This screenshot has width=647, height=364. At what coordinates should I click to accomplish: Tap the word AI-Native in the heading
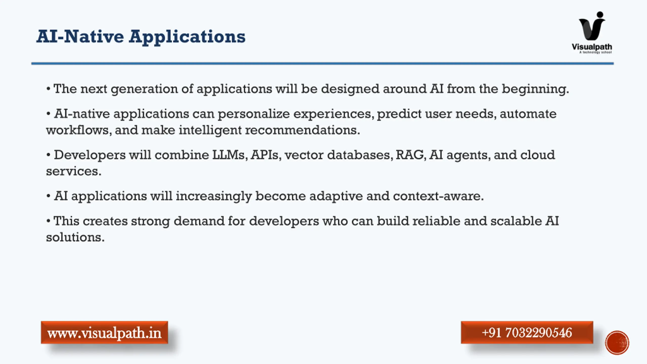pos(80,36)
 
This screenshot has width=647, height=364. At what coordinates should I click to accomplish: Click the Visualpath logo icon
pos(592,26)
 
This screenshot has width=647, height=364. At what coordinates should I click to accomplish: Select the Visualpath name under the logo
pos(592,47)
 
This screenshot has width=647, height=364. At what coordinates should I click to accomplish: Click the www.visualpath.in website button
pos(104,332)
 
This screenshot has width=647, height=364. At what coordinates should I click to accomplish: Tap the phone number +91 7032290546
pos(527,332)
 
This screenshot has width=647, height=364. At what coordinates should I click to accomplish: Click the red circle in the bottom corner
pos(617,343)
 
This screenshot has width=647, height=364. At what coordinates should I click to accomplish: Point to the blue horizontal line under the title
pos(322,63)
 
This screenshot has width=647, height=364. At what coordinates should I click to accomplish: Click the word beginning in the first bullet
pos(535,89)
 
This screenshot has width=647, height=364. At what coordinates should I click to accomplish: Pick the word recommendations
pos(303,130)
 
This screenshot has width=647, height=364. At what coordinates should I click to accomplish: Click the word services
pos(74,171)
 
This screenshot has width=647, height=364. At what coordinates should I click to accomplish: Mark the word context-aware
pos(438,196)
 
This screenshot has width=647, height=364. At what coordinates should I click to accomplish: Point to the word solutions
pos(75,237)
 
